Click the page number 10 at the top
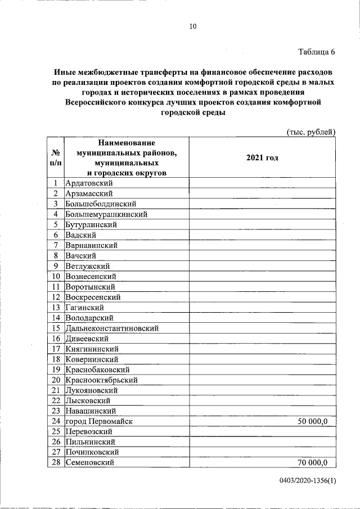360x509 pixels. (x=192, y=26)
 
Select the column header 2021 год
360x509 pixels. (x=262, y=158)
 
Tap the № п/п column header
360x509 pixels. (x=56, y=157)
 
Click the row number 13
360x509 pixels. (x=56, y=307)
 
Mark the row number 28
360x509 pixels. (x=56, y=462)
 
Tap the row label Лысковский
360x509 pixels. (x=89, y=400)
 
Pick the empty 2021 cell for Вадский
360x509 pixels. (x=262, y=235)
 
